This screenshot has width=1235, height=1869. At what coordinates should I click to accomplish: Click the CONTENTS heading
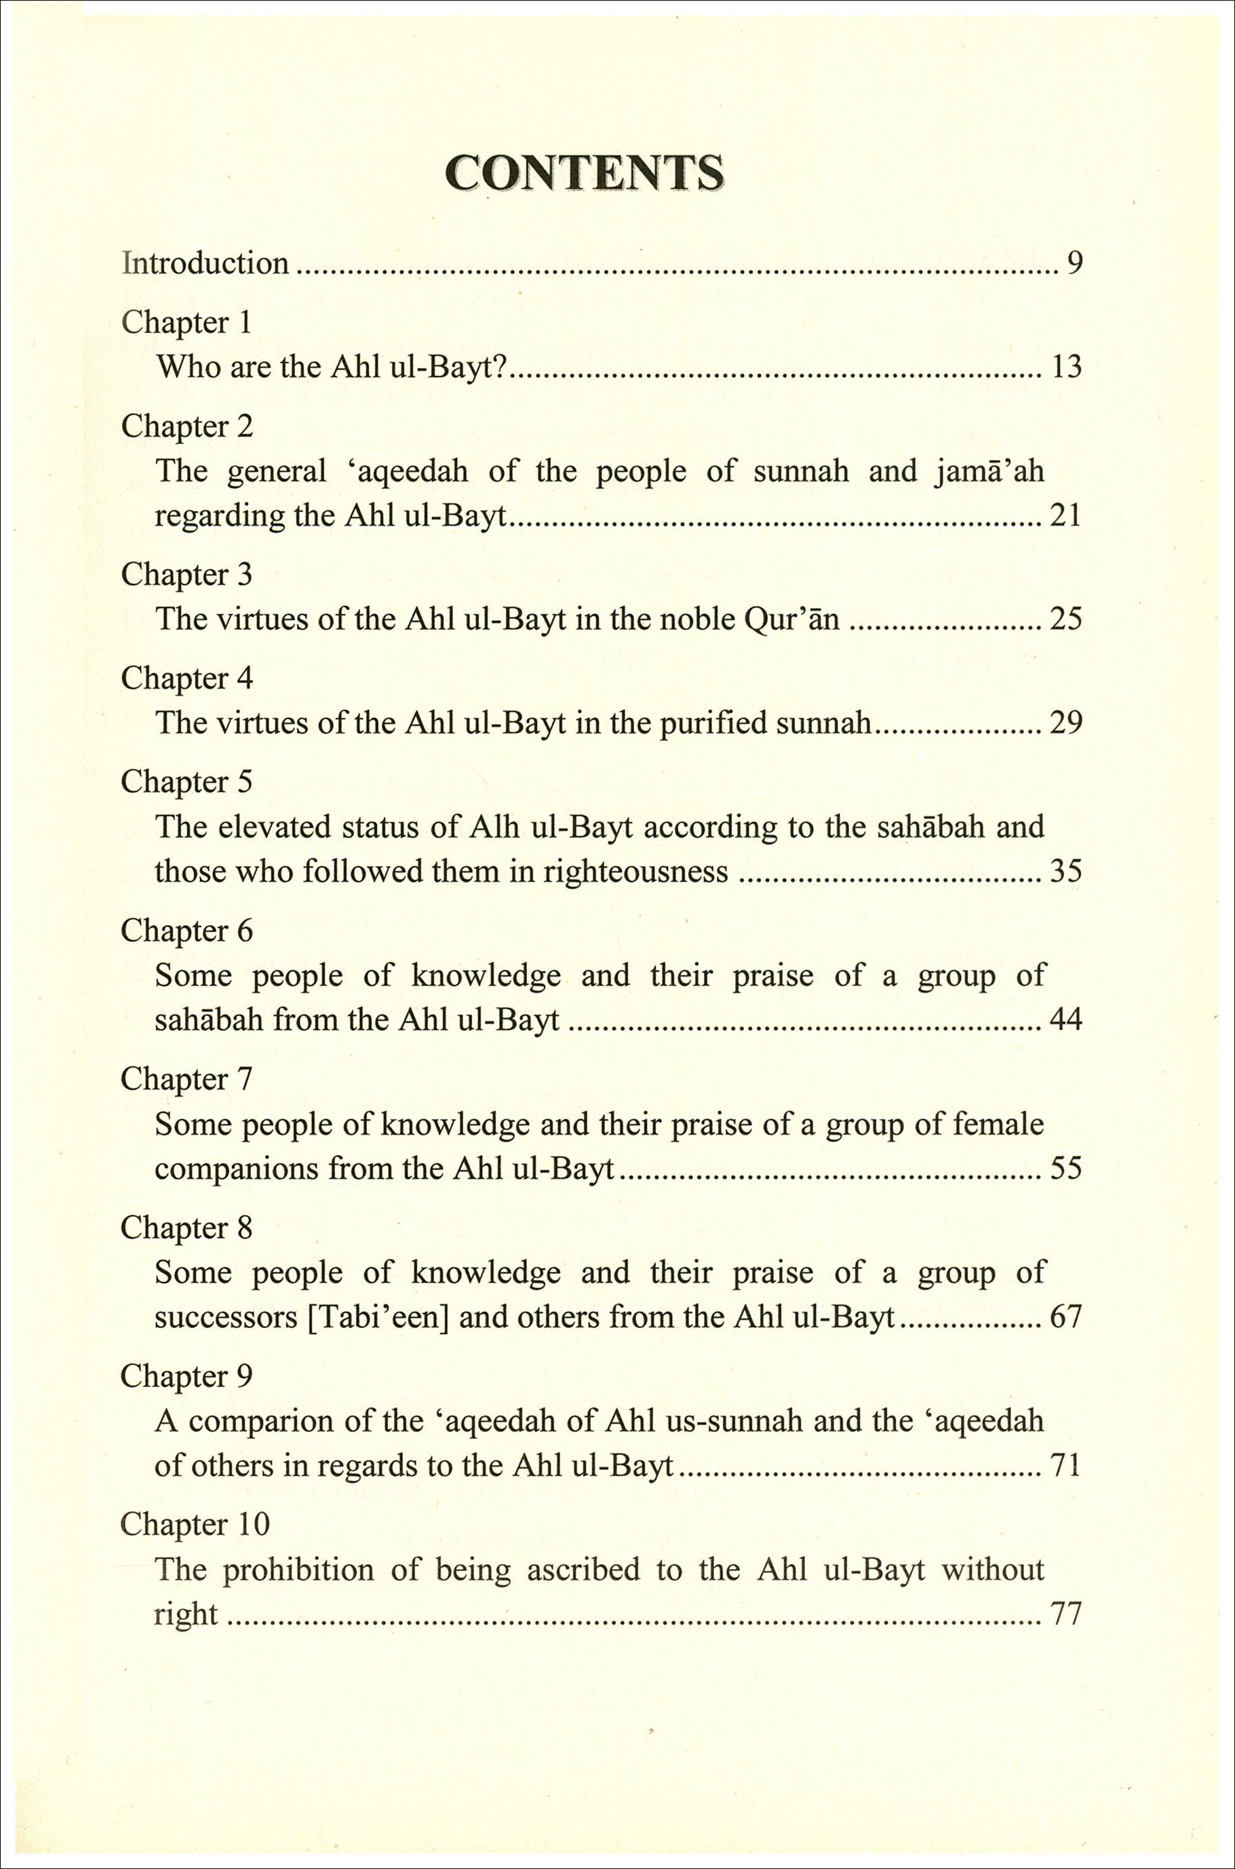coord(584,172)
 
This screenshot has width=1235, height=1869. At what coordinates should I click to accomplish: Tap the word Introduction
coord(205,263)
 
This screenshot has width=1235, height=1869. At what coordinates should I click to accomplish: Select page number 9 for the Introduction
coord(1074,263)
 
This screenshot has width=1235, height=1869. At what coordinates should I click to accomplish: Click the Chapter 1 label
coord(186,322)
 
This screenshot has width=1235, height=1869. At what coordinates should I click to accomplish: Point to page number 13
coord(1066,367)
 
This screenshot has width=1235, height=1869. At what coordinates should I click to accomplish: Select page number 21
coord(1065,516)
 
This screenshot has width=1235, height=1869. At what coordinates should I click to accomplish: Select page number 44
coord(1065,1021)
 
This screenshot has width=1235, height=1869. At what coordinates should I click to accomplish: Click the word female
coord(998,1124)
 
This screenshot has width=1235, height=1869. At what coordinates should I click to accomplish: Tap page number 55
coord(1065,1169)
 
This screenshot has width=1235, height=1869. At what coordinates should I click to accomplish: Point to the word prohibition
coord(297,1570)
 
